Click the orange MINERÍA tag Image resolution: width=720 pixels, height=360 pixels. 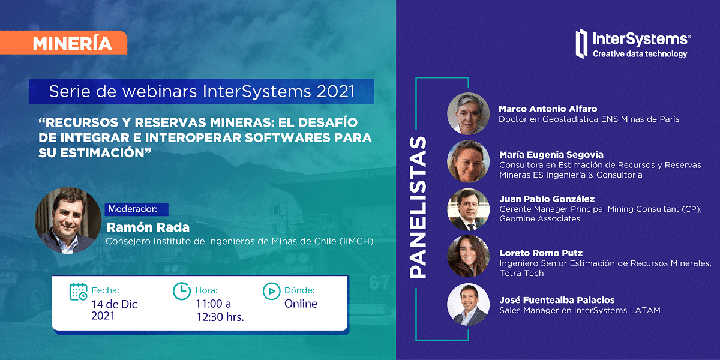click(64, 43)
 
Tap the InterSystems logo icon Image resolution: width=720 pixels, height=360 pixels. click(581, 44)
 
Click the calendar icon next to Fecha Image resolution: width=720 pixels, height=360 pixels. click(78, 292)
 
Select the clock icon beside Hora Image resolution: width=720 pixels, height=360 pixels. click(182, 291)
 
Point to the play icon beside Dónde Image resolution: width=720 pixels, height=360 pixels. click(272, 291)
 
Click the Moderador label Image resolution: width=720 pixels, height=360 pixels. click(133, 209)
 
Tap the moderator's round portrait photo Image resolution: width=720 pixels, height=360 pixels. click(68, 221)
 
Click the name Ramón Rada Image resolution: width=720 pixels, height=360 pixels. click(148, 227)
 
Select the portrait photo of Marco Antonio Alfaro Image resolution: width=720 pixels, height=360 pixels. click(469, 113)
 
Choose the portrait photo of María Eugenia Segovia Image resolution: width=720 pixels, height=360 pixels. click(469, 161)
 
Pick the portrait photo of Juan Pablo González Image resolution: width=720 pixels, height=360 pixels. click(469, 209)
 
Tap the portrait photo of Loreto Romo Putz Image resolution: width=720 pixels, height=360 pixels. click(469, 256)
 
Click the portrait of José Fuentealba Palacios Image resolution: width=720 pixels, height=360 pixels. click(469, 304)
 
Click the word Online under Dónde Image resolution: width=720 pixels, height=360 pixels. click(301, 304)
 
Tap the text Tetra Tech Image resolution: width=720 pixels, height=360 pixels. click(521, 273)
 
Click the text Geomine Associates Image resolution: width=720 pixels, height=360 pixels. click(539, 218)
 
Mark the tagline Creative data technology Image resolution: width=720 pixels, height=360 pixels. click(640, 54)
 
